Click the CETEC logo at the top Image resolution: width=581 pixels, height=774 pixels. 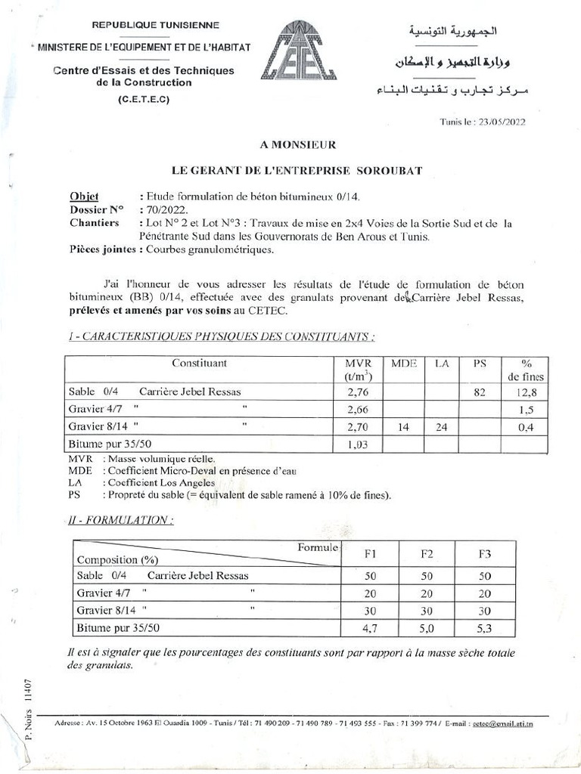pos(292,51)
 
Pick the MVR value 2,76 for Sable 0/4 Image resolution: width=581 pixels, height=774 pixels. pos(357,392)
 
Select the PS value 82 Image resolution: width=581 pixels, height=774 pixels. pos(479,392)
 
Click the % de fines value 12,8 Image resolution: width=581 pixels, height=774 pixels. pos(525,392)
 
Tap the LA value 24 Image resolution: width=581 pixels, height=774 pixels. pos(442,427)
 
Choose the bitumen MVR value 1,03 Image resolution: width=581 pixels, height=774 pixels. pos(357,445)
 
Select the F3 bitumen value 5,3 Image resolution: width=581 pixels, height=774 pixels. pos(485,628)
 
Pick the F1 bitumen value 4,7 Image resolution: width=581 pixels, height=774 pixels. pos(370,628)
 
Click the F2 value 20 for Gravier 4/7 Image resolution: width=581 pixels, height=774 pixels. pos(427,593)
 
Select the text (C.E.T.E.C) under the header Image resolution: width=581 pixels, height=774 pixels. pos(144,100)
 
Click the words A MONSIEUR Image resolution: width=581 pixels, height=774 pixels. pos(291,144)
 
